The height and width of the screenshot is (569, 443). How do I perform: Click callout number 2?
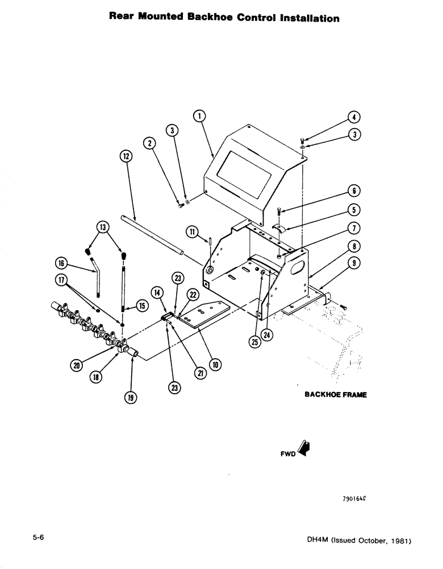point(150,143)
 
